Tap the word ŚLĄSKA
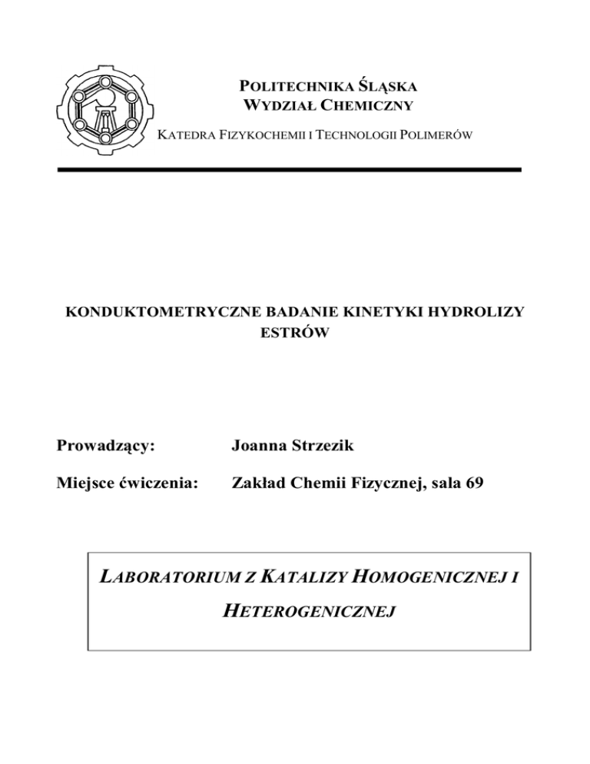385,87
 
